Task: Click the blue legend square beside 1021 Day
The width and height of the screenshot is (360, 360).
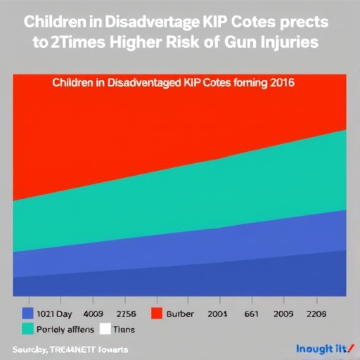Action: point(28,314)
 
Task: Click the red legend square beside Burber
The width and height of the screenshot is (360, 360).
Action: point(157,314)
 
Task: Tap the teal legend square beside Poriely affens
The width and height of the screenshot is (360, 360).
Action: point(28,328)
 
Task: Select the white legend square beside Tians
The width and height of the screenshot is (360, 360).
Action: point(105,328)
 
